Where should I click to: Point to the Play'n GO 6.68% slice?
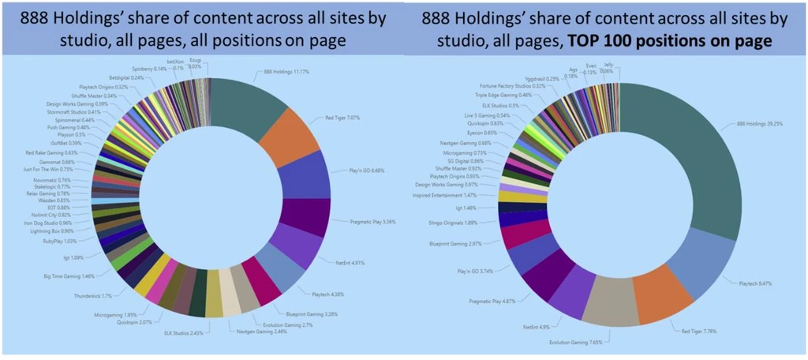302,174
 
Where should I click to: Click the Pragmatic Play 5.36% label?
373,222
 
